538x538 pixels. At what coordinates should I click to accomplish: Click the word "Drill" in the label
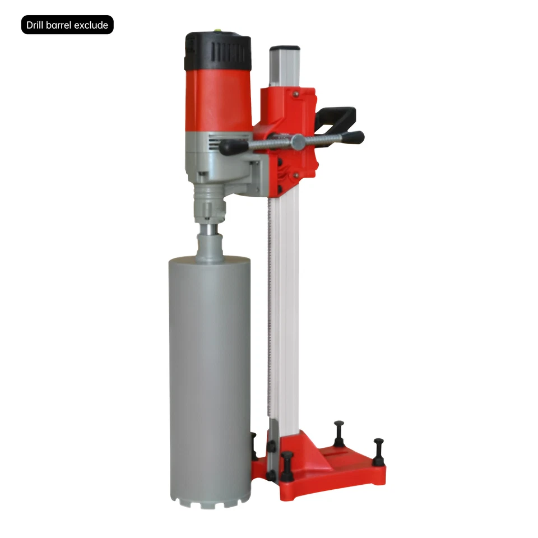tap(36, 25)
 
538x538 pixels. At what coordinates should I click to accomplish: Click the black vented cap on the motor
tap(218, 52)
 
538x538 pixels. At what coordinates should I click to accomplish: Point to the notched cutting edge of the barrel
tap(210, 502)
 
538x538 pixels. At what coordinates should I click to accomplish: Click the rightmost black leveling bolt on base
tap(379, 451)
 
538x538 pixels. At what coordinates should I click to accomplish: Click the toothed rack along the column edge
tap(271, 308)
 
